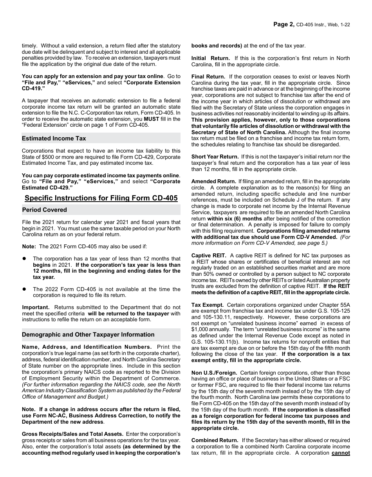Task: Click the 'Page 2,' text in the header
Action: pyautogui.click(x=284, y=24)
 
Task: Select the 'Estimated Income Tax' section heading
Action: pyautogui.click(x=54, y=138)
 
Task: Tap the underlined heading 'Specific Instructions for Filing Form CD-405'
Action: pyautogui.click(x=101, y=198)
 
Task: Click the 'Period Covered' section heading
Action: pyautogui.click(x=45, y=210)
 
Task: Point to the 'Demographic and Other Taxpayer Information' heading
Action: pyautogui.click(x=88, y=335)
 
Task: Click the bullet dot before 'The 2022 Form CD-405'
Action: pyautogui.click(x=24, y=289)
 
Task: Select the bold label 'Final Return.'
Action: pyautogui.click(x=208, y=76)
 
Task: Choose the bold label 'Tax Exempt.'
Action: pyautogui.click(x=208, y=305)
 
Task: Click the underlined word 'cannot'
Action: pyautogui.click(x=341, y=453)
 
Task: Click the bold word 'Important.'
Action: pyautogui.click(x=36, y=307)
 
